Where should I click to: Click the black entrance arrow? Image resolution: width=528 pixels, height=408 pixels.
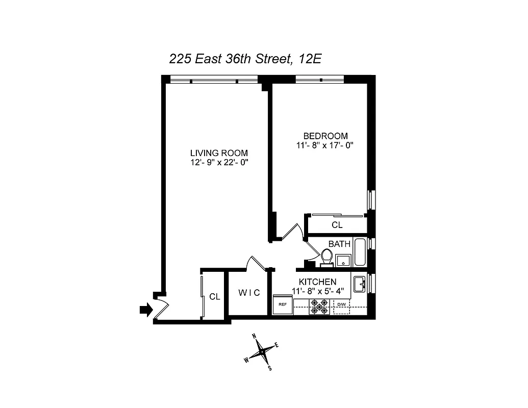146,309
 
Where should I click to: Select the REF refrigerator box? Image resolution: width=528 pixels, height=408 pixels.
282,305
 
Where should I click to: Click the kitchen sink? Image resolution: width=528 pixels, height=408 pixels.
359,284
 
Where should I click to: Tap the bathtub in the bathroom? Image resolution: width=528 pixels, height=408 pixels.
360,252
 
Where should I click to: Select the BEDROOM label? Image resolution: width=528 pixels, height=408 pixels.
325,136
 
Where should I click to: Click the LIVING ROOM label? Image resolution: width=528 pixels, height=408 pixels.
219,153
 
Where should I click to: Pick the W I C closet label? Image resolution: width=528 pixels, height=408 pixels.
249,293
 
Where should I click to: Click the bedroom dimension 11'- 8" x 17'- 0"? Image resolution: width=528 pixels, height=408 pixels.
325,145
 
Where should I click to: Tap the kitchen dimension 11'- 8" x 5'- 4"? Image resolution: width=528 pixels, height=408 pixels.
318,291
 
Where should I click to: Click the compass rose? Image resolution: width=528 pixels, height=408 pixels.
262,351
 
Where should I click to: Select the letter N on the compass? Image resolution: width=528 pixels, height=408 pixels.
254,337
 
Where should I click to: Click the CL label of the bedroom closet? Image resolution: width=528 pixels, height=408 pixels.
337,225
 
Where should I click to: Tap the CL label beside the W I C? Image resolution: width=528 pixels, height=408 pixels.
215,297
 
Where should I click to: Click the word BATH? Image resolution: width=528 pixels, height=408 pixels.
339,244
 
